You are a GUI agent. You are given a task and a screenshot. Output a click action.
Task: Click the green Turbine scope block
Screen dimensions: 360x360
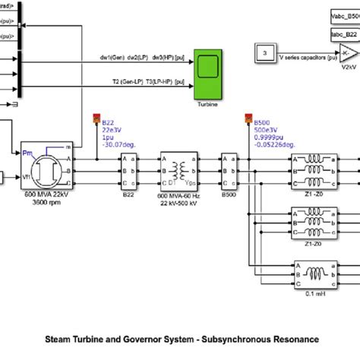click(207, 73)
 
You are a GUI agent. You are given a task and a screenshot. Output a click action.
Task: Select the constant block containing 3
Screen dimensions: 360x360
click(264, 52)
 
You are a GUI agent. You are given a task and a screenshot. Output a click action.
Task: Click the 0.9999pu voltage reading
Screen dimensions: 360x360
click(266, 137)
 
